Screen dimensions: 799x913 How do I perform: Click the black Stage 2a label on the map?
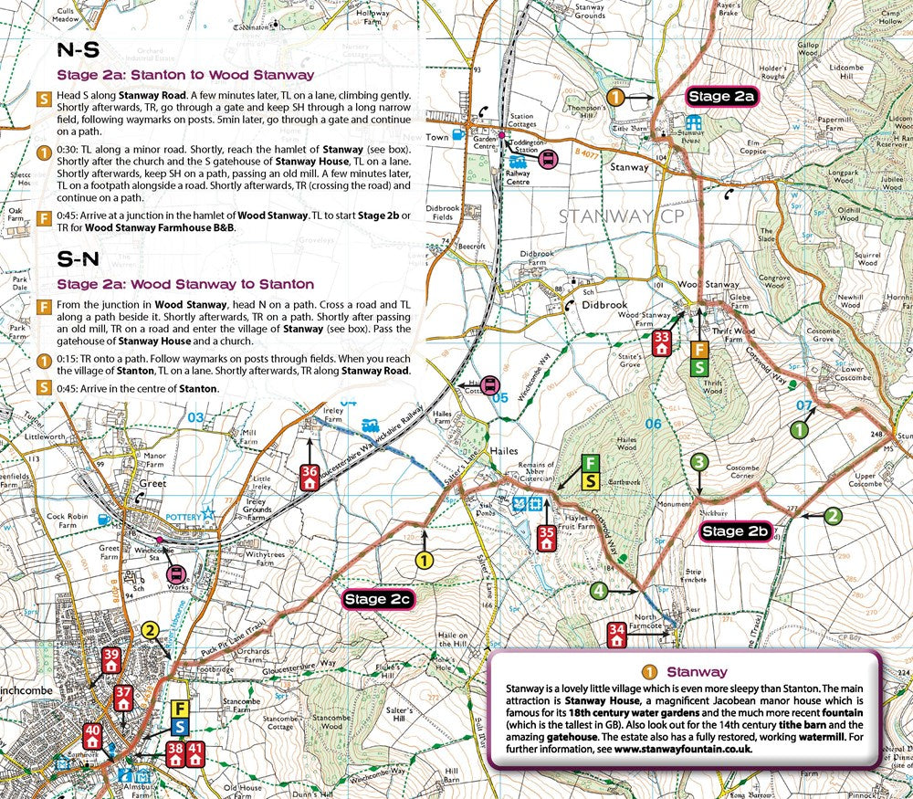(x=721, y=96)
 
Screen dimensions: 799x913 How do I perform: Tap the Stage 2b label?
(x=735, y=531)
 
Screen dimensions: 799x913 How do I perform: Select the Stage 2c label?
(x=379, y=599)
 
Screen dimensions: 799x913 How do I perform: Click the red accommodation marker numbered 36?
(x=310, y=478)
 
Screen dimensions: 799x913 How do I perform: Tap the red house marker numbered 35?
(x=547, y=538)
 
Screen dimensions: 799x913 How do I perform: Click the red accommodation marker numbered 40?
(x=92, y=735)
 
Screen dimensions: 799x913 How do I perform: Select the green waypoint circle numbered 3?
(x=698, y=463)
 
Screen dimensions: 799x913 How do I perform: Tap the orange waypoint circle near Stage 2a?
(x=616, y=96)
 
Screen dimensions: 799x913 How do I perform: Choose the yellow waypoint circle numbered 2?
(x=151, y=629)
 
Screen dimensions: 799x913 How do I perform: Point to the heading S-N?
(x=79, y=258)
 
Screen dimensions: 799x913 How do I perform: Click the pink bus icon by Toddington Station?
(x=547, y=159)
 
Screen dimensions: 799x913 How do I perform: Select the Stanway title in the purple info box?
(x=696, y=671)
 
